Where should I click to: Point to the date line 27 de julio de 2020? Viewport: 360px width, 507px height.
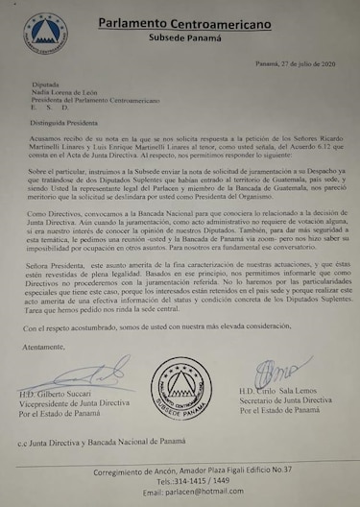click(292, 63)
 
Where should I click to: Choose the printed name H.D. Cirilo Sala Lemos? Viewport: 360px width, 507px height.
click(287, 395)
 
